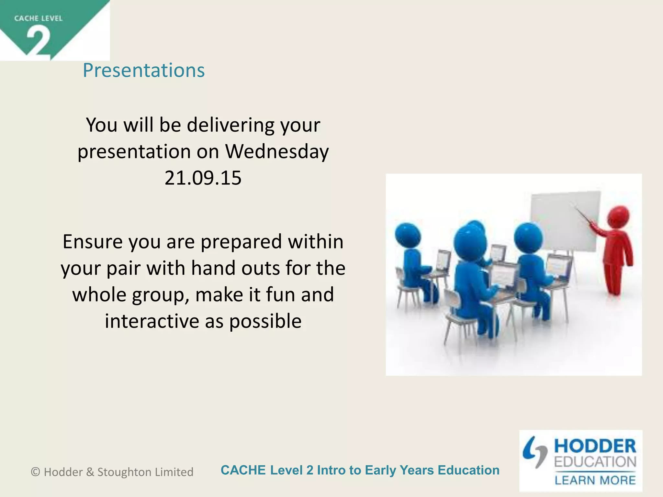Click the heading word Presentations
click(144, 70)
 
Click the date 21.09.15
click(203, 178)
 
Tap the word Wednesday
click(277, 151)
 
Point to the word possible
click(265, 321)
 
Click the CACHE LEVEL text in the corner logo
click(38, 18)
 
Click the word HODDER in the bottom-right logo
click(595, 446)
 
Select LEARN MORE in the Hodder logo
click(595, 480)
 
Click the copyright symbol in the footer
click(35, 472)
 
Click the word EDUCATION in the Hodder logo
click(595, 462)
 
